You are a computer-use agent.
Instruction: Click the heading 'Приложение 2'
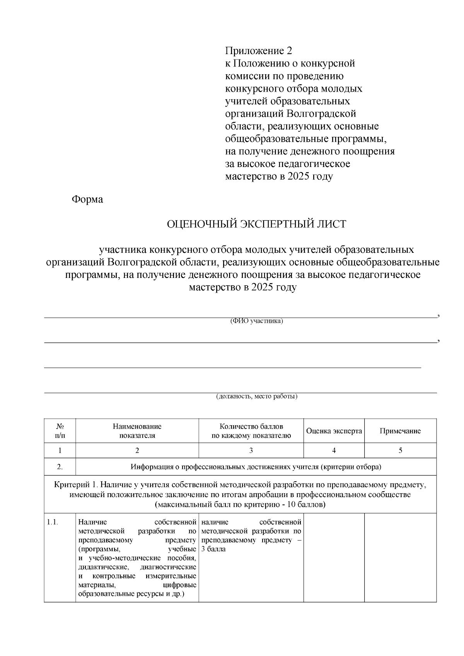point(259,51)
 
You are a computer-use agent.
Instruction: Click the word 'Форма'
point(87,199)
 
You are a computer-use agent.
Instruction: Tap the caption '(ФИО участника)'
point(256,321)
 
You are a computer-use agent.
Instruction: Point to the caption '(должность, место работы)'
point(256,397)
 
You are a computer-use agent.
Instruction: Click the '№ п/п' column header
point(60,431)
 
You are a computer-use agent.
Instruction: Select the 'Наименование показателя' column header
point(137,431)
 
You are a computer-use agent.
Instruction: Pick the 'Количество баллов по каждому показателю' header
point(251,431)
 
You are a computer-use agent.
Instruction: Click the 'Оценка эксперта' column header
point(334,431)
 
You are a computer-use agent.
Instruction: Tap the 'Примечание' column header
point(400,431)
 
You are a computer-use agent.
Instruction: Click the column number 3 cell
point(251,450)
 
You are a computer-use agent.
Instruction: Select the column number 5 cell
point(400,450)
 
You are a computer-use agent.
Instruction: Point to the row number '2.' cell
point(60,467)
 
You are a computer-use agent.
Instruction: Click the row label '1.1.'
point(53,523)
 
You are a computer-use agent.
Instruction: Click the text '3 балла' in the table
point(213,549)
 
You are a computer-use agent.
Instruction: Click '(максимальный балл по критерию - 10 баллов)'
point(240,505)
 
